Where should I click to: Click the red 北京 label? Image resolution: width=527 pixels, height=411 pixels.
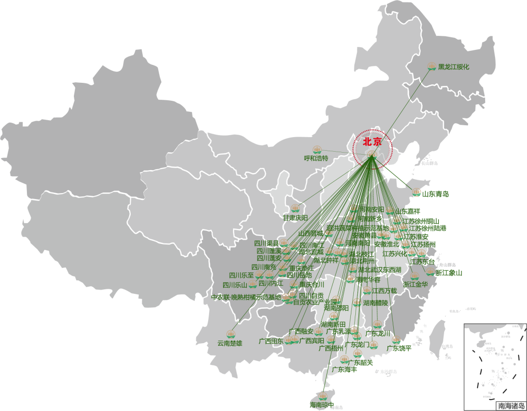tap(372, 142)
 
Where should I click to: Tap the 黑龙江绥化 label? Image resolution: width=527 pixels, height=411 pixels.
tap(454, 67)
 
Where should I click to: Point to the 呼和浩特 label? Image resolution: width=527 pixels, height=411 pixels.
tap(316, 158)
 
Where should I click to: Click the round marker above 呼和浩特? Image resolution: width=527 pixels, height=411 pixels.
tap(317, 150)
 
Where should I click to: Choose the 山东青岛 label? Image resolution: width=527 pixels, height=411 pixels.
tap(435, 194)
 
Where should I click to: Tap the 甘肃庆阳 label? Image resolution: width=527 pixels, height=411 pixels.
tap(295, 217)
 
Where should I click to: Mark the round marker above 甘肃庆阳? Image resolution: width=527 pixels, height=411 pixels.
tap(295, 208)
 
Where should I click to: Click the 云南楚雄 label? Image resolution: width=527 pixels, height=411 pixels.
tap(230, 343)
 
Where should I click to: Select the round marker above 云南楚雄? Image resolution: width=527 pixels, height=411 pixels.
tap(231, 334)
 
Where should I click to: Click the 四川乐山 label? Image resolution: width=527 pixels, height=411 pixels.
tap(235, 285)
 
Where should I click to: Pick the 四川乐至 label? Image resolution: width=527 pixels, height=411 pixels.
tap(242, 275)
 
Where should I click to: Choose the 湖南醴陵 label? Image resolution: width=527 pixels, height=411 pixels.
tap(376, 303)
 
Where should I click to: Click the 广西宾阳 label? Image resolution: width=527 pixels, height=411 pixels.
tap(312, 341)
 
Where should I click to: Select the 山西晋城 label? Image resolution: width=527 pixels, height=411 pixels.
tap(311, 233)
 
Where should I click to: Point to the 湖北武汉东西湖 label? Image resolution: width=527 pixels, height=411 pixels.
tap(379, 270)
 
